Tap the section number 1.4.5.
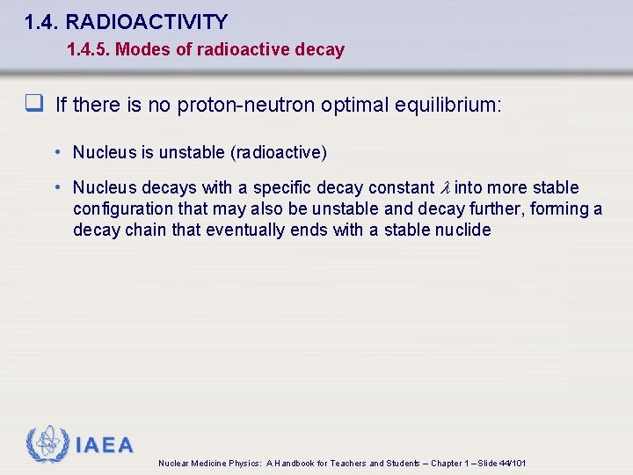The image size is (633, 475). pos(88,49)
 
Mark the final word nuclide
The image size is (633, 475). pos(462,230)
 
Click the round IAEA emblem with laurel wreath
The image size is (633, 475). pos(47,444)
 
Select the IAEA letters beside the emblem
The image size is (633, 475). pos(105,445)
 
